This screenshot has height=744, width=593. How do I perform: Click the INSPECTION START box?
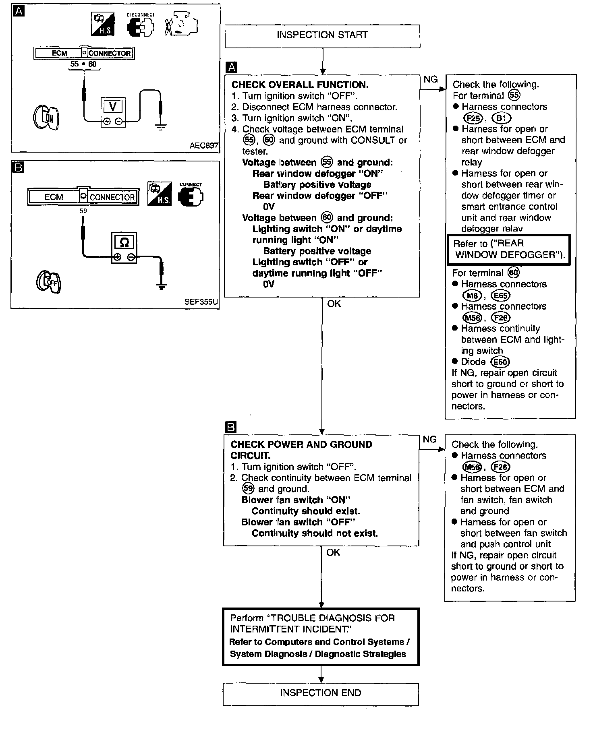322,36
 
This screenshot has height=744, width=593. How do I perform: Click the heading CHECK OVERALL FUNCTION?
300,85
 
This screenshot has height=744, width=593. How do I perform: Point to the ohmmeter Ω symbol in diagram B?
124,242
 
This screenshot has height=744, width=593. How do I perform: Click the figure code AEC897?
204,146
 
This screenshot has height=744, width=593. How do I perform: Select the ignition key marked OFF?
48,281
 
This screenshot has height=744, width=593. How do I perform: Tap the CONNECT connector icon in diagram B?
191,196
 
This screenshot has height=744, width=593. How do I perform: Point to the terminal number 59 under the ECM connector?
83,211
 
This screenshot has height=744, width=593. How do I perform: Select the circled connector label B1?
502,118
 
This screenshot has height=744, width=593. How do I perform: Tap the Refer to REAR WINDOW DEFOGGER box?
509,249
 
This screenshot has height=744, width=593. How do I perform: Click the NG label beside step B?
430,439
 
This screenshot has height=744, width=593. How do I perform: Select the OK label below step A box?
334,304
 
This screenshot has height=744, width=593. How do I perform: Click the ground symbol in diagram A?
160,128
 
